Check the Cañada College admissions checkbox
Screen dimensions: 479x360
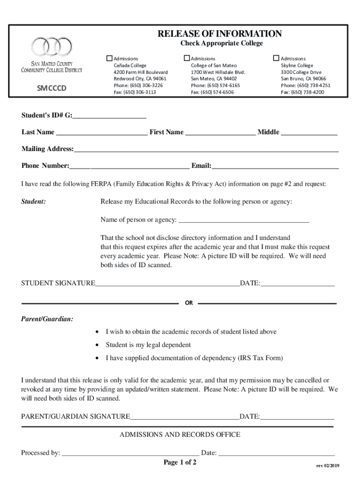point(110,58)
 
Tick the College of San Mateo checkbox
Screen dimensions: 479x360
point(187,58)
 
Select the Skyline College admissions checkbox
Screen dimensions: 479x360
point(276,58)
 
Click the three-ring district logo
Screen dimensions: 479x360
point(51,47)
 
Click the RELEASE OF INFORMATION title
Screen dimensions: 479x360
point(219,34)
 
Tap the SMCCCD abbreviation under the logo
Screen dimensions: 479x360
point(51,87)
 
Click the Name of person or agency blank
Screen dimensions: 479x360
point(244,220)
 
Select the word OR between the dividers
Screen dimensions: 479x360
point(189,303)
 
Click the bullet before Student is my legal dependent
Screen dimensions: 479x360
point(97,345)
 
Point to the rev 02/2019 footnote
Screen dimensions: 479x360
point(328,466)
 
